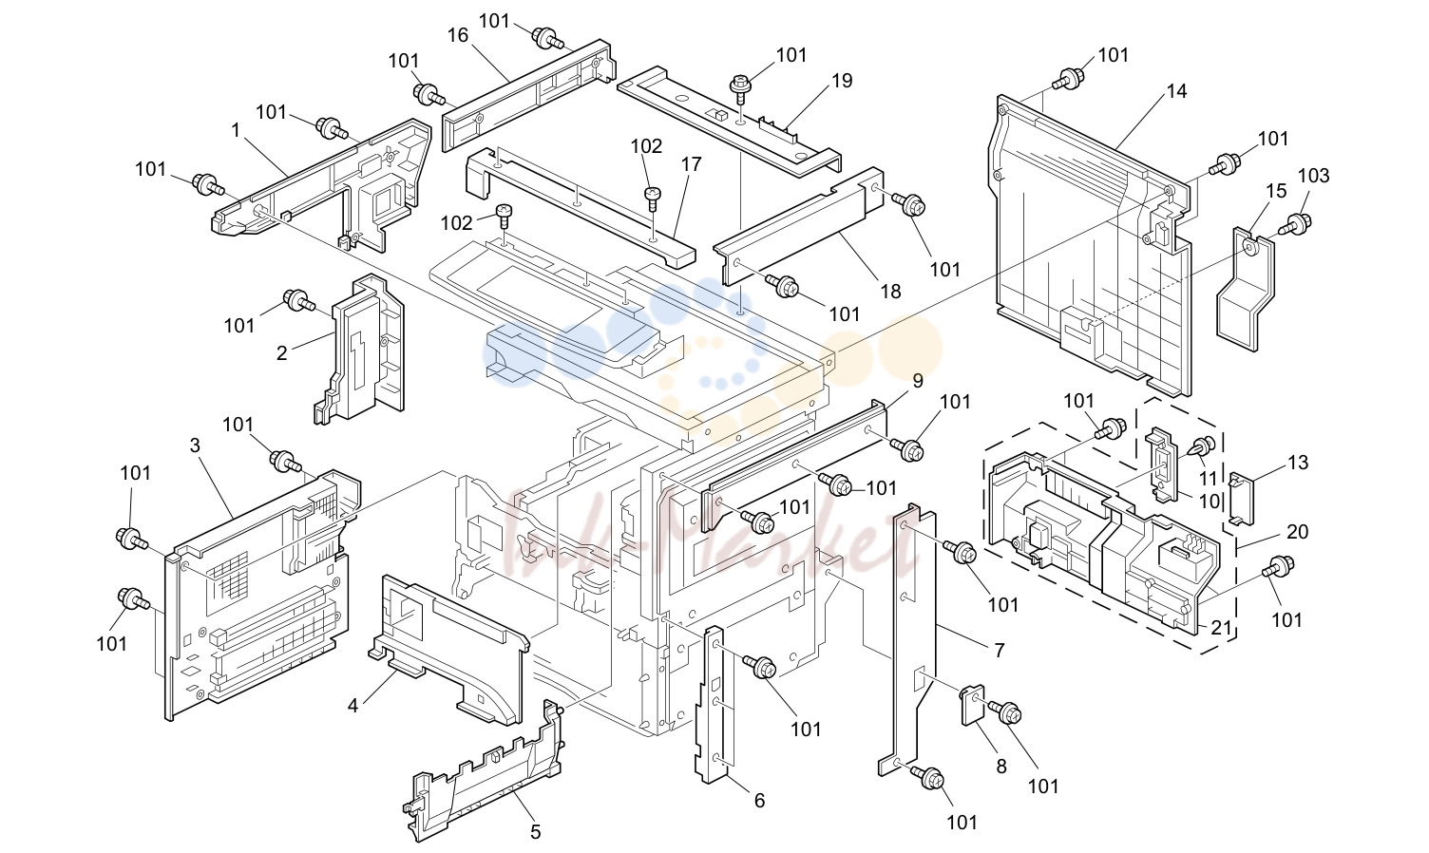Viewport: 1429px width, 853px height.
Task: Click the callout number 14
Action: tap(1176, 91)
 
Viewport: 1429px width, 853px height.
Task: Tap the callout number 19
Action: tap(842, 81)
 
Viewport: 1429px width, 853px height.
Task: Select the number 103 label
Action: tap(1313, 176)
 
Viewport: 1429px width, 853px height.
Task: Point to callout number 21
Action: tap(1220, 628)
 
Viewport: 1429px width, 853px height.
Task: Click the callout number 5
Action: tap(535, 832)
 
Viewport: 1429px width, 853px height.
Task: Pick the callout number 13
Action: tap(1298, 462)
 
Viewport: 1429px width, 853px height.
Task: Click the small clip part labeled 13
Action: tap(1241, 498)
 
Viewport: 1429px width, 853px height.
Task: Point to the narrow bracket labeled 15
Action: tap(1246, 287)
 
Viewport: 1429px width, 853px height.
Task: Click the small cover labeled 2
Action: tap(360, 351)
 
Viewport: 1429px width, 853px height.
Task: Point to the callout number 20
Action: tap(1298, 531)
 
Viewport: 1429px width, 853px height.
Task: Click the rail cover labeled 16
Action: tap(529, 96)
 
